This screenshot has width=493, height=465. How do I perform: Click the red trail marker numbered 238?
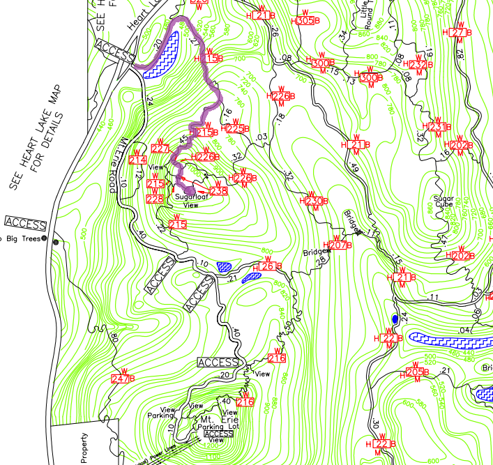pos(218,191)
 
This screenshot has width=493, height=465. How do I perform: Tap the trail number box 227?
pos(160,148)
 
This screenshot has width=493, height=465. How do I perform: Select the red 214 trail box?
pos(137,160)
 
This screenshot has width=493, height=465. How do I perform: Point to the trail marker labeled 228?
pos(155,199)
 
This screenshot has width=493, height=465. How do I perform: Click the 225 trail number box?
pos(236,129)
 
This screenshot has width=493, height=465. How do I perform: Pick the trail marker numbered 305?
pos(305,21)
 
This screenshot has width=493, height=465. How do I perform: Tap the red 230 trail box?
pos(314,201)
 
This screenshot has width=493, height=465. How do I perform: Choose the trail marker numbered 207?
pos(338,245)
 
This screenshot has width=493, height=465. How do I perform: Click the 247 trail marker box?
pos(122,379)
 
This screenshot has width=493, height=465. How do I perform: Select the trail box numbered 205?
pos(415,372)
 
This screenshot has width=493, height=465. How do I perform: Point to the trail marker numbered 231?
pos(437,127)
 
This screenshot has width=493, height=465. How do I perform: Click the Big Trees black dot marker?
pos(45,239)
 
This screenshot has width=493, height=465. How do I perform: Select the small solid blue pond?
pos(395,319)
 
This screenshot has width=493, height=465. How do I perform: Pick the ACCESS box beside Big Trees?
pos(25,223)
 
